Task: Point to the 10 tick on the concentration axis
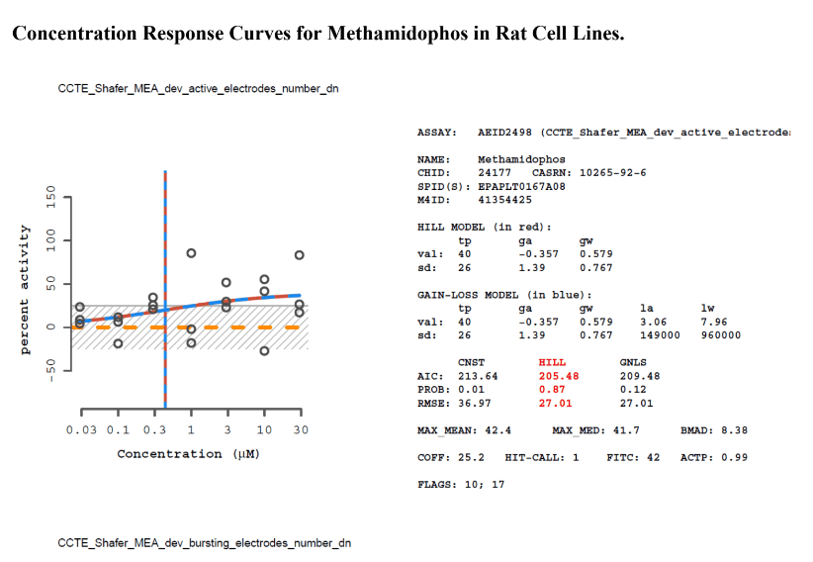(x=264, y=429)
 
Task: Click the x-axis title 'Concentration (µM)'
(x=188, y=454)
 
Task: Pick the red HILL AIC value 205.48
(x=558, y=376)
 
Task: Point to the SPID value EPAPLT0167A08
(x=521, y=185)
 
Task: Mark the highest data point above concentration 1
(x=191, y=253)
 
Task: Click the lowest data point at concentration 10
(x=264, y=351)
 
